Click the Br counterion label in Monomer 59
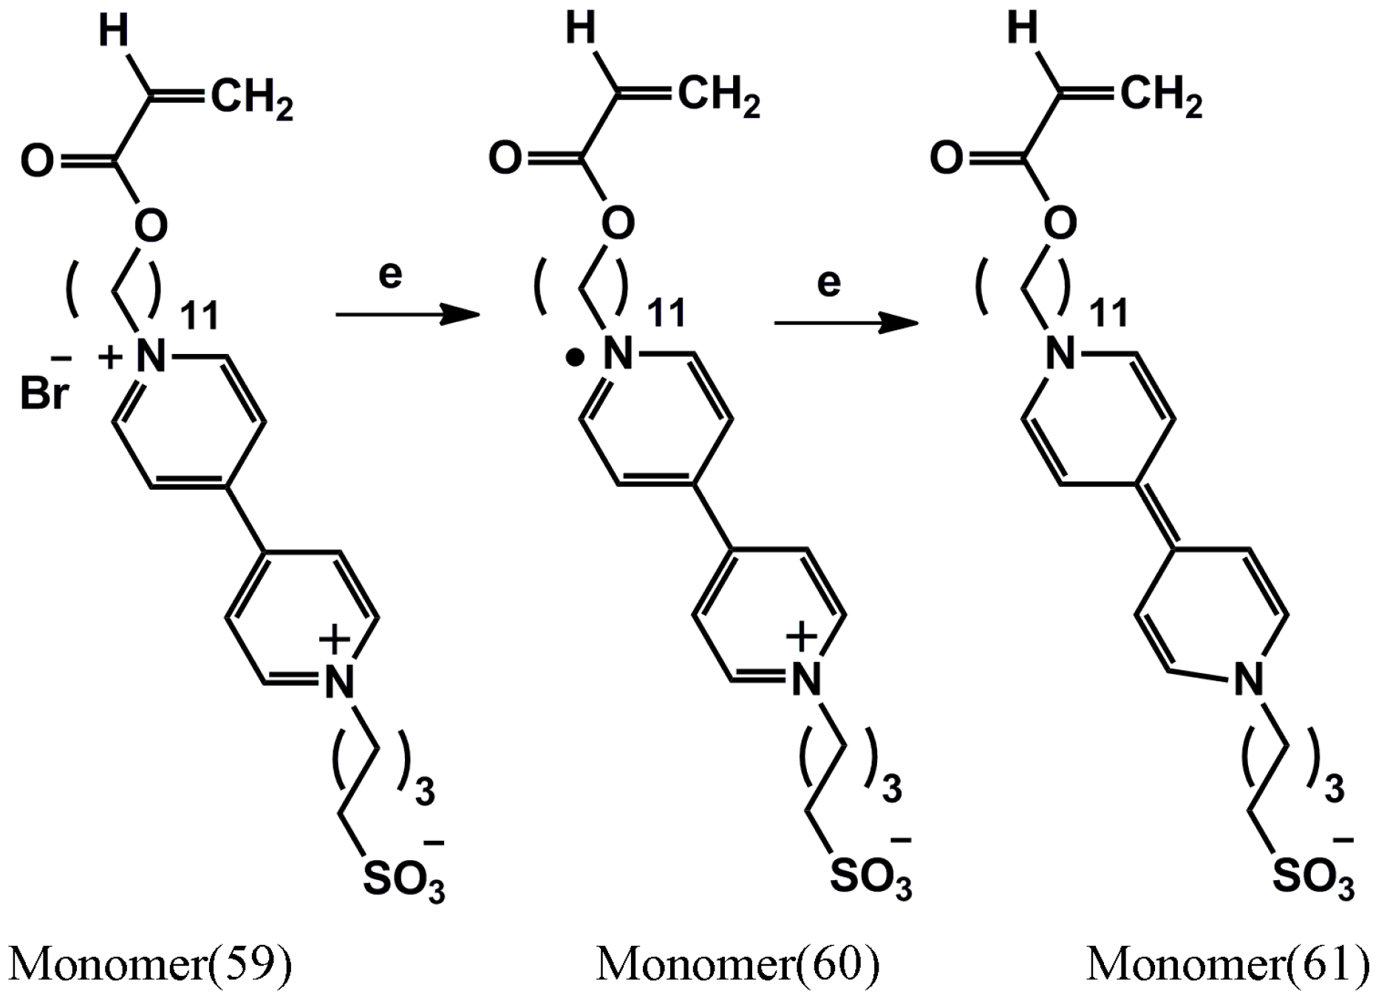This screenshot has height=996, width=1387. click(44, 394)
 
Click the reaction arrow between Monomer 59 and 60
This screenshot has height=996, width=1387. click(407, 315)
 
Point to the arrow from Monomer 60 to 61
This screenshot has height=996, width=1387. click(845, 323)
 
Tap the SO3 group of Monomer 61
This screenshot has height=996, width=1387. click(1313, 877)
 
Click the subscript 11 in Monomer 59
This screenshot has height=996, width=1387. click(200, 315)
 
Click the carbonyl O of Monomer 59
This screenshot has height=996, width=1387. click(37, 162)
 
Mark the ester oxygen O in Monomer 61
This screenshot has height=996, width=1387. click(1060, 222)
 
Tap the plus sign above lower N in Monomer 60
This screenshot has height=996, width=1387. click(801, 635)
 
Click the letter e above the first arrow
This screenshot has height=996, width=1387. click(390, 274)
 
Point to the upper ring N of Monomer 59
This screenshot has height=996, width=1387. click(151, 357)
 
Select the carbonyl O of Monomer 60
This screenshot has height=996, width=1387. click(505, 159)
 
